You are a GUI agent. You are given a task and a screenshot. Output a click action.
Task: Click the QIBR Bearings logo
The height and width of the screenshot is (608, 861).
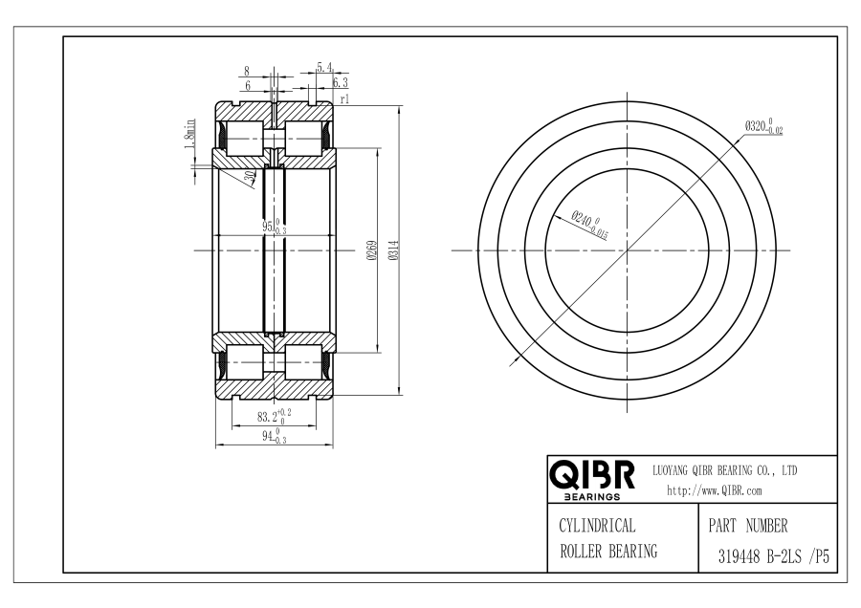[x=592, y=479]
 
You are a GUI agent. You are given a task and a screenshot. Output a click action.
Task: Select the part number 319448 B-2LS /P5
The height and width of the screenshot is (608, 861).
[x=774, y=557]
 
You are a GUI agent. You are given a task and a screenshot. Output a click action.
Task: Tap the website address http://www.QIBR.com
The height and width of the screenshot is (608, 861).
[x=715, y=490]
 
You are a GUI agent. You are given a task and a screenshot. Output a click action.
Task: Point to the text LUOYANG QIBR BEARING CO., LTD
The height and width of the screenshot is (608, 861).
[x=724, y=470]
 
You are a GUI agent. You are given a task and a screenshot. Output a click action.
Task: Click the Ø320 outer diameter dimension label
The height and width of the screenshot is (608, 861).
[x=763, y=126]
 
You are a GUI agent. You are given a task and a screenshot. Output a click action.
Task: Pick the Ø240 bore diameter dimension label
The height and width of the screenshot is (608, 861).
[x=589, y=224]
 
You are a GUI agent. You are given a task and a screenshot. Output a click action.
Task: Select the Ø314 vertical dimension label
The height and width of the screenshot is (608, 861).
[x=393, y=250]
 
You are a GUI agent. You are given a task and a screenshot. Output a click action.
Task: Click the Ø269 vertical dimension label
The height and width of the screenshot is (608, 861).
[x=371, y=250]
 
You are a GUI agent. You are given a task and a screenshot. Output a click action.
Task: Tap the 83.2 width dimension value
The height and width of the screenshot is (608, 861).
[x=274, y=417]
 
